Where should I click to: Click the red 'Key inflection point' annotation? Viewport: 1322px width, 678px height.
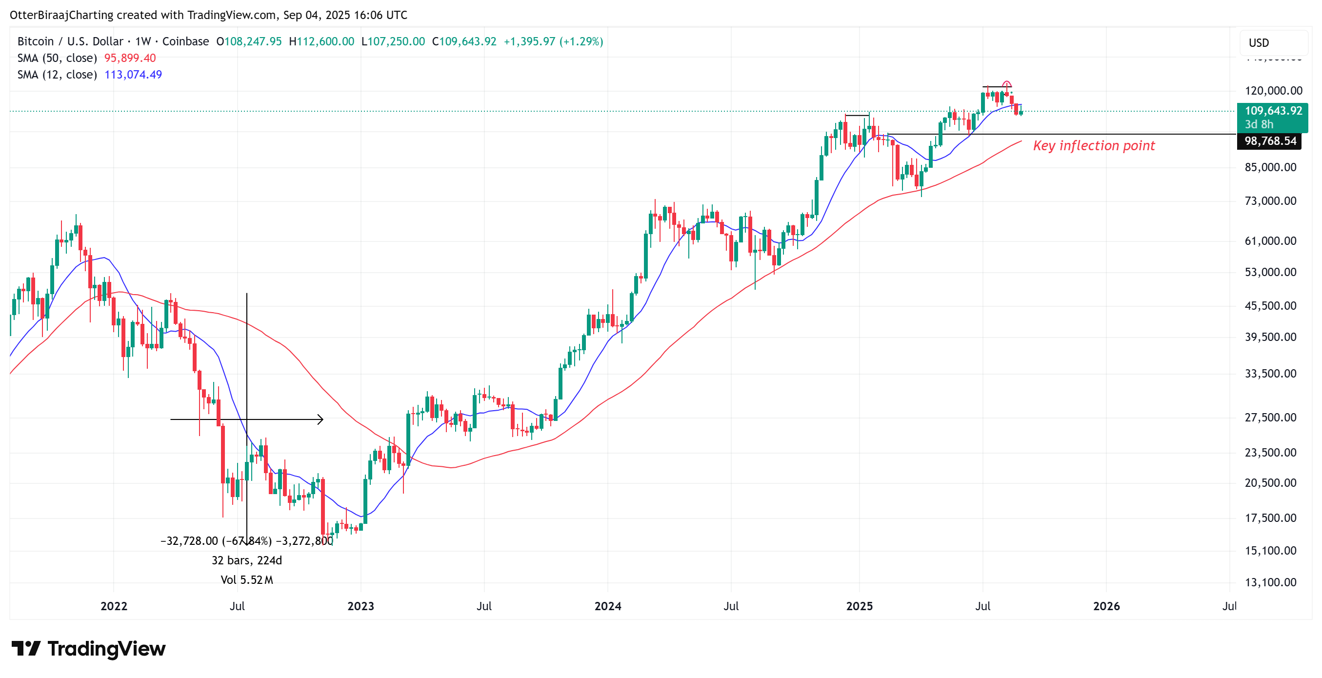[x=1094, y=146]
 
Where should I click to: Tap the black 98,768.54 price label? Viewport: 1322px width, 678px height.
[x=1270, y=141]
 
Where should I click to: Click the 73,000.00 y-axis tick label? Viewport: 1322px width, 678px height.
[x=1270, y=201]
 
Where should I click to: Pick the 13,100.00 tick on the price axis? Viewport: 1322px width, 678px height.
[x=1270, y=582]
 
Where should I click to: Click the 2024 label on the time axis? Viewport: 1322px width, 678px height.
[x=608, y=606]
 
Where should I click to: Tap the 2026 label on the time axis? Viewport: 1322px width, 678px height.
[x=1106, y=606]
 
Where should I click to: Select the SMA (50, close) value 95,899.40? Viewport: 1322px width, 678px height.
[x=130, y=58]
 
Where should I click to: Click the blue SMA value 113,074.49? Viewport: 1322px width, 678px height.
[x=133, y=75]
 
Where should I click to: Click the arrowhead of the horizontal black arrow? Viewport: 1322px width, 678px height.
[x=321, y=420]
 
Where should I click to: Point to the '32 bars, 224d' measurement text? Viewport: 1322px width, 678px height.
[x=247, y=560]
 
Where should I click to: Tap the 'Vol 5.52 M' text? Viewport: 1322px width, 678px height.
[x=247, y=580]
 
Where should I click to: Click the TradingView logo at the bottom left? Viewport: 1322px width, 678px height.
[x=88, y=649]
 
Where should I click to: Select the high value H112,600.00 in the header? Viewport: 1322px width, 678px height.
[x=321, y=41]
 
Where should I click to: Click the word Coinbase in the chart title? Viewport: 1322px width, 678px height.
[x=185, y=41]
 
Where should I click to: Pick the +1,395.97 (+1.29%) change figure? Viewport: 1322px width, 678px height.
[x=553, y=41]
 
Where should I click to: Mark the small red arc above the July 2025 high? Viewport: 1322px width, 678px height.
[x=1007, y=84]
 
